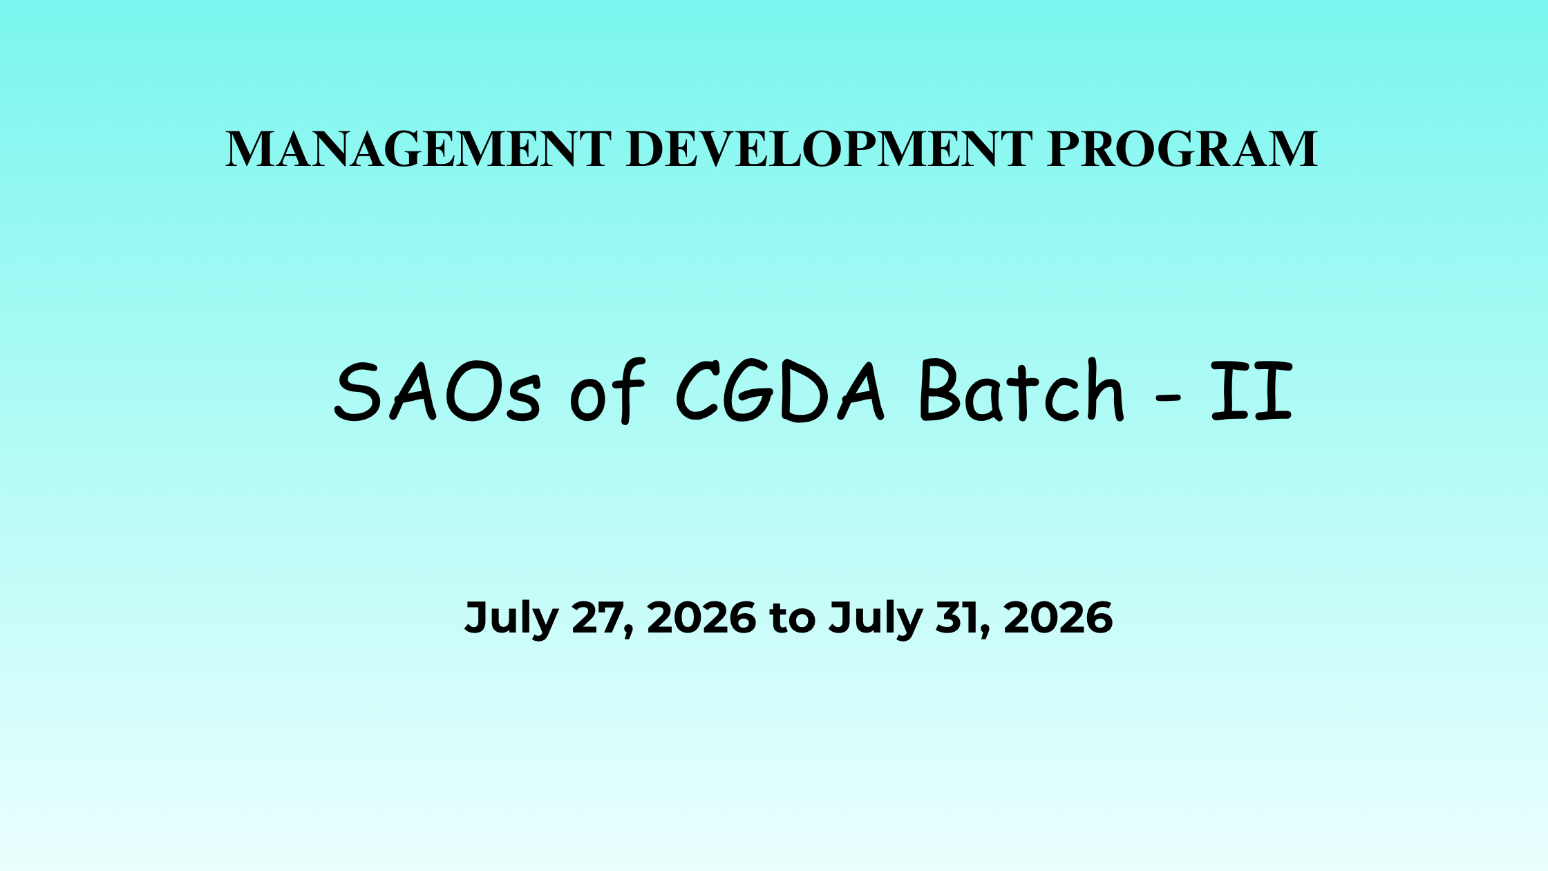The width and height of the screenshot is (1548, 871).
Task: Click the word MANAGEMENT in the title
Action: pyautogui.click(x=419, y=149)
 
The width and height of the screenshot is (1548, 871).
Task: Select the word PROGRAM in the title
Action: pyautogui.click(x=1182, y=149)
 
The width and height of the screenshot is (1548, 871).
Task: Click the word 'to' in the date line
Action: pyautogui.click(x=793, y=619)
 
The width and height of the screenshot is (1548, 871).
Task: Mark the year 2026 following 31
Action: pyautogui.click(x=1058, y=617)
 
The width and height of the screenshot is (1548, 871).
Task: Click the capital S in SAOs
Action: pyautogui.click(x=357, y=391)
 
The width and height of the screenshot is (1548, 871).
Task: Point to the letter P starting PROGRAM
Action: pyautogui.click(x=1064, y=149)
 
